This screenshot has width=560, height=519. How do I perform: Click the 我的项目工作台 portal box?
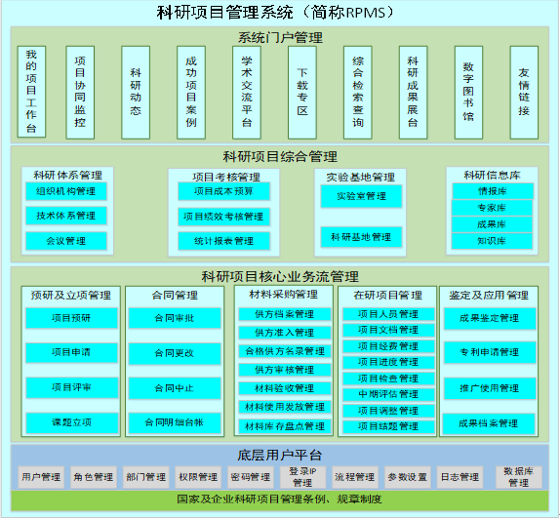click(31, 92)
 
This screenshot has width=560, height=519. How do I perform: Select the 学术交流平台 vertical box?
click(247, 92)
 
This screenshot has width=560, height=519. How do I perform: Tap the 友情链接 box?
click(524, 92)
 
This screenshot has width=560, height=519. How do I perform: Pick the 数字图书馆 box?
click(468, 92)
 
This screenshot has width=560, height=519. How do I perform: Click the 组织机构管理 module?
click(66, 191)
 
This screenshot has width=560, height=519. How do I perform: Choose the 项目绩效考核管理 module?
click(223, 217)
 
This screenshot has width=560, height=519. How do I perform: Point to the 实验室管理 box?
click(361, 196)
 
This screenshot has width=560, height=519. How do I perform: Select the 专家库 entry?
click(492, 208)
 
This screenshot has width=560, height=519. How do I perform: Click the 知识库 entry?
click(492, 241)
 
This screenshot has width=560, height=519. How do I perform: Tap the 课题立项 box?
click(72, 423)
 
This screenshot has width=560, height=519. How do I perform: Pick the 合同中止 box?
click(175, 388)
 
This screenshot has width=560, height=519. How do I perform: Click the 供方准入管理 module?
click(285, 333)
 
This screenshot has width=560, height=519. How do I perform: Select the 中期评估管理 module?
click(388, 394)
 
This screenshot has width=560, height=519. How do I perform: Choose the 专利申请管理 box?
click(490, 352)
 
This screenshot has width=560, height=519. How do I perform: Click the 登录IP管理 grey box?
click(302, 477)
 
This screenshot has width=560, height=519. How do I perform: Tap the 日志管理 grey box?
click(460, 477)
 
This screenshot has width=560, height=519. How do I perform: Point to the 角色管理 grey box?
click(94, 477)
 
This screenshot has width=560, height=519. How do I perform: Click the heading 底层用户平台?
click(280, 455)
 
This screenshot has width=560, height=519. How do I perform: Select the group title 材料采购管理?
click(284, 295)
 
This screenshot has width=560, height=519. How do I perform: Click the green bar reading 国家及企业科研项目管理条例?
click(280, 499)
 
